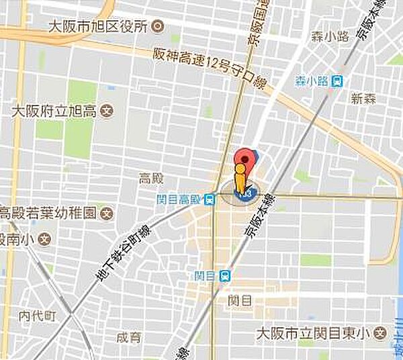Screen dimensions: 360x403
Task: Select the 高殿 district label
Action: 151,178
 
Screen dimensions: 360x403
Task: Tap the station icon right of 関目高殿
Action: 210,199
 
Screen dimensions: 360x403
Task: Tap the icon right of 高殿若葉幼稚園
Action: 107,214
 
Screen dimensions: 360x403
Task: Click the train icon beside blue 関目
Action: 225,275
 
